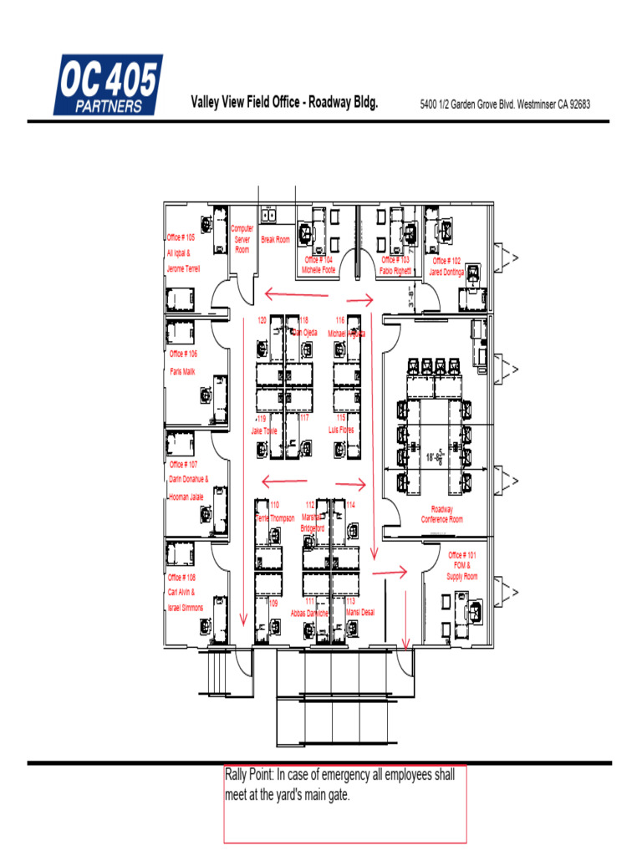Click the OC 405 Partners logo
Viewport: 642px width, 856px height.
point(108,84)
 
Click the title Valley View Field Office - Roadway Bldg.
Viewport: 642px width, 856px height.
point(284,103)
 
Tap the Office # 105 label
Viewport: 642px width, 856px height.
point(181,237)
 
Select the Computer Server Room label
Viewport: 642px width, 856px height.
point(242,238)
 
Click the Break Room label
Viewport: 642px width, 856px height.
point(275,240)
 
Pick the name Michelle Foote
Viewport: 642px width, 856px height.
point(318,270)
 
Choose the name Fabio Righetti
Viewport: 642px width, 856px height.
point(395,270)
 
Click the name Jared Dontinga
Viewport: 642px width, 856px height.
point(446,272)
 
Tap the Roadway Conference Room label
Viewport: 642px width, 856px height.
point(441,514)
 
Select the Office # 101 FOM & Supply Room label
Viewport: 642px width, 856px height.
point(462,566)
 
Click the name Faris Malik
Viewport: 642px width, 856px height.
point(182,371)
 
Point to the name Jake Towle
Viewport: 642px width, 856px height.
point(263,431)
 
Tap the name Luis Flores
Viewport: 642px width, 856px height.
point(341,430)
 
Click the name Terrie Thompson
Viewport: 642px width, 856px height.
point(275,518)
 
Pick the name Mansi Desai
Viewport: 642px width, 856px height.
point(360,612)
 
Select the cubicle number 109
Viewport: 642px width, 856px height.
point(273,602)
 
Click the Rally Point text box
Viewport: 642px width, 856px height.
point(344,803)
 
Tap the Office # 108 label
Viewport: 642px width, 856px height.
point(181,577)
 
